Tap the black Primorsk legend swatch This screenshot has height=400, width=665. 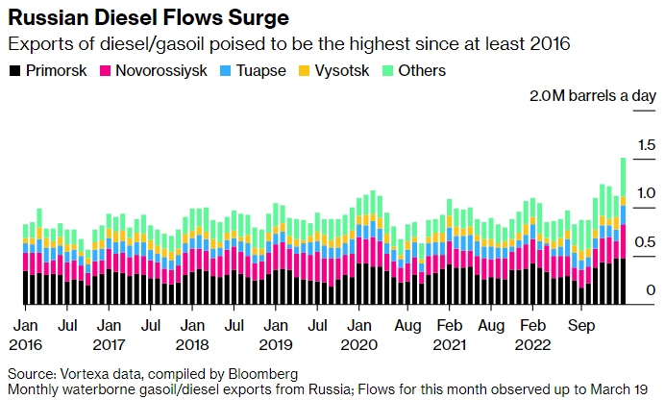(13, 70)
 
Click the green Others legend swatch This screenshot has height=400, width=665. (389, 70)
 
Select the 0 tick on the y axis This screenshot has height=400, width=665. (651, 290)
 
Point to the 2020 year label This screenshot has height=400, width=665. (359, 343)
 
